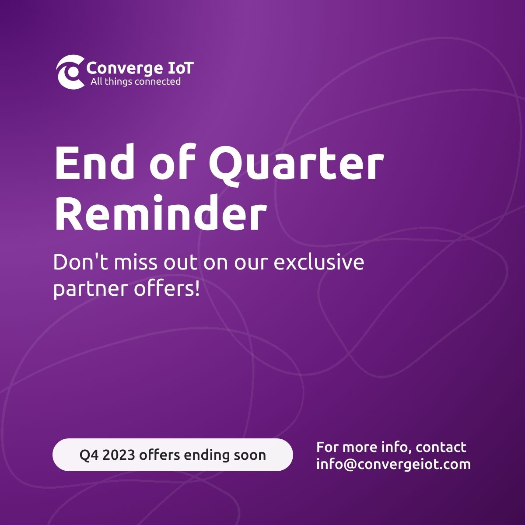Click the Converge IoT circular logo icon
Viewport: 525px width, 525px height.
click(x=70, y=72)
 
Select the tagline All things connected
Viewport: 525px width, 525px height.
click(x=135, y=81)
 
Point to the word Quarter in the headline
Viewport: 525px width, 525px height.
click(x=296, y=164)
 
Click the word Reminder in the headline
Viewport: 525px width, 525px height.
click(x=160, y=213)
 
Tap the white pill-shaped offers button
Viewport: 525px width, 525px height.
click(x=172, y=455)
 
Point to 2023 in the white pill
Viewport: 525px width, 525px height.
click(x=119, y=455)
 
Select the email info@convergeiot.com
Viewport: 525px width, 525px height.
click(x=393, y=464)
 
